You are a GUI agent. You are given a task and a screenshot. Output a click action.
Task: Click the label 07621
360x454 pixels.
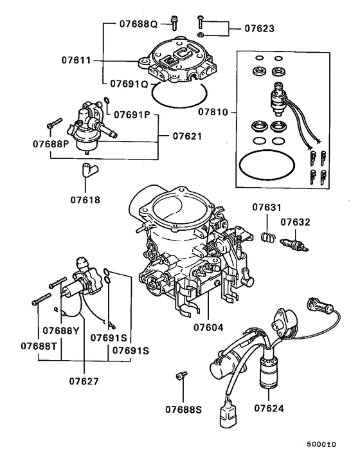coord(187,136)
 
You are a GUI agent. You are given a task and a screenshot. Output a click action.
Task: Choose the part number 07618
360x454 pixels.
coord(86,199)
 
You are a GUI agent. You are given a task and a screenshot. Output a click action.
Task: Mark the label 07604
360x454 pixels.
coord(209,327)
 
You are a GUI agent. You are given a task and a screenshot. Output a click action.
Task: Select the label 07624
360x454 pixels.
coord(269,408)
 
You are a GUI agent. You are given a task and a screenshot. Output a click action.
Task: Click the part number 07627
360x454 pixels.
coord(84,381)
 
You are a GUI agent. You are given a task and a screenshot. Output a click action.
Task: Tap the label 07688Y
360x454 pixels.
coord(61,331)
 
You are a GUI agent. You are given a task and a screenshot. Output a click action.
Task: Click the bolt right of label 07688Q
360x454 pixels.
coord(174,23)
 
